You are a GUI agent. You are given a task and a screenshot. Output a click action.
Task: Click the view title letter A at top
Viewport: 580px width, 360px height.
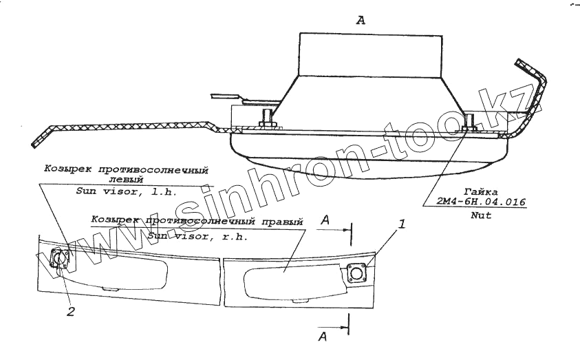[361, 21]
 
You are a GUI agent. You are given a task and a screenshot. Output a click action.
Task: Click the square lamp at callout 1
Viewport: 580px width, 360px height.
[356, 273]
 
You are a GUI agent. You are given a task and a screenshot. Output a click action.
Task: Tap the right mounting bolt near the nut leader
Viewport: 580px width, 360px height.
[469, 124]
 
